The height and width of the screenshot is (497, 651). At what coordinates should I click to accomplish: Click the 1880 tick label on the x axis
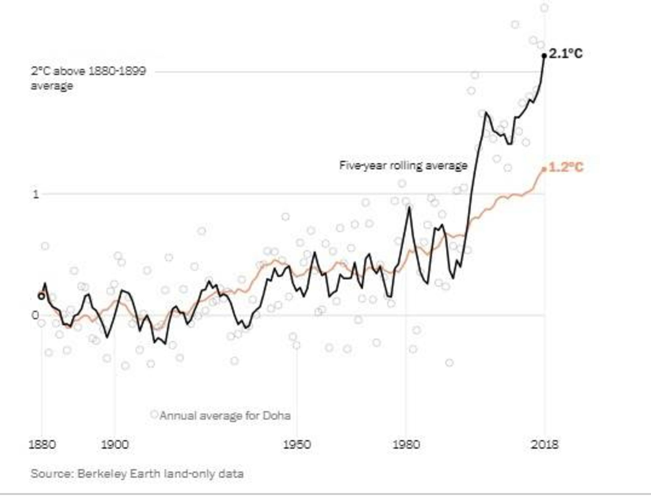[42, 444]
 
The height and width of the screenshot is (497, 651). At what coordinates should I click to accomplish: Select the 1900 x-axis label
[115, 444]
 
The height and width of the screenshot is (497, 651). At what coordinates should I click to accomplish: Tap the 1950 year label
[297, 444]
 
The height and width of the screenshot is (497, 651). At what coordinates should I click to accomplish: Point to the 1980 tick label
[406, 444]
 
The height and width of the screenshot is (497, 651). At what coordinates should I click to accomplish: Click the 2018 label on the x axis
[545, 444]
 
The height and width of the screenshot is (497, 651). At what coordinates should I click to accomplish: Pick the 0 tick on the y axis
[35, 315]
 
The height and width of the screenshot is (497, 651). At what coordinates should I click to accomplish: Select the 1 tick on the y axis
[36, 194]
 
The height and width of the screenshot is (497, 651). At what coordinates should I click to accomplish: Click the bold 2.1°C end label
[566, 54]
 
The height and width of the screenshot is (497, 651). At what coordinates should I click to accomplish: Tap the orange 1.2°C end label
[566, 167]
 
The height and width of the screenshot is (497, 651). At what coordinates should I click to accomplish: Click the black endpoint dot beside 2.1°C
[544, 56]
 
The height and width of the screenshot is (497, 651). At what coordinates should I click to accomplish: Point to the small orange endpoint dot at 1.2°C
[544, 169]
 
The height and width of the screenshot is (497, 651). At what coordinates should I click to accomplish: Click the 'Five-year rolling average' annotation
[403, 166]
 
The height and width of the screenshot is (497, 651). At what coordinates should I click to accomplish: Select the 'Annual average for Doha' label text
[225, 416]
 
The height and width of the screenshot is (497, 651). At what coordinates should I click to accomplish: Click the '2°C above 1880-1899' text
[88, 71]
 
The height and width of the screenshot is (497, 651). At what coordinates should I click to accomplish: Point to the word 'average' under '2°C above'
[52, 86]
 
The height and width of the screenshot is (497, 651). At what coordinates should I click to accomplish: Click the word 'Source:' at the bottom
[52, 474]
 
